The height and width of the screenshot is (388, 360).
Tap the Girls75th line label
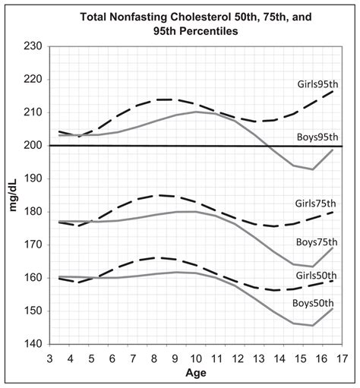(315, 203)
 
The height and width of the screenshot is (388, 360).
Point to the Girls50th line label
(315, 275)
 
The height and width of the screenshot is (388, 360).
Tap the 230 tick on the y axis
(33, 46)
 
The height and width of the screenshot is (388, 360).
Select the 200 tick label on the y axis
(33, 146)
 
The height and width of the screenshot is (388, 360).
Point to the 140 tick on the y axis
(33, 344)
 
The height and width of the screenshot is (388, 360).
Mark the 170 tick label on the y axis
(33, 244)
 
